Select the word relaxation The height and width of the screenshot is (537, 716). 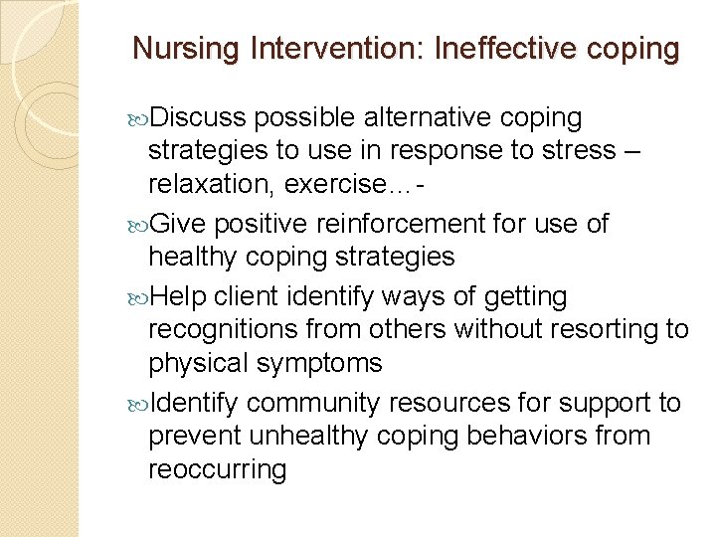[x=205, y=184]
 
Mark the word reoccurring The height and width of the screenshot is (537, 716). [x=217, y=468]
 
